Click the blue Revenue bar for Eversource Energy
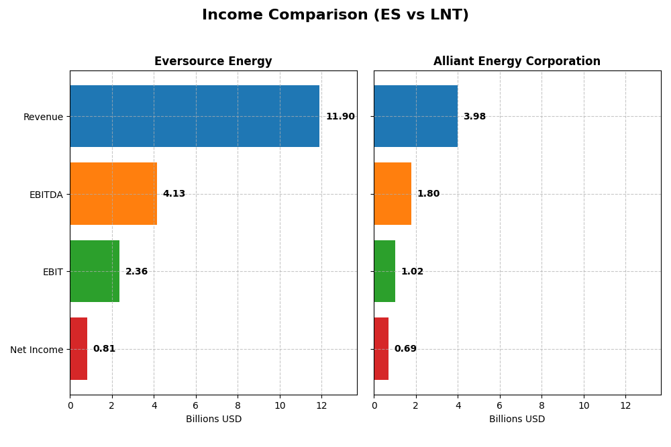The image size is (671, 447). [x=195, y=116]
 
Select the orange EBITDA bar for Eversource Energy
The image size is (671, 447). [x=113, y=194]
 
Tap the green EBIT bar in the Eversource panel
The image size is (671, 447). [x=95, y=271]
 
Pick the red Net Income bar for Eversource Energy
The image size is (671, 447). [x=79, y=349]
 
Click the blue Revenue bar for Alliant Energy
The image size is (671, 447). [x=415, y=116]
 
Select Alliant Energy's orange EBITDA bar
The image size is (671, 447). [x=393, y=194]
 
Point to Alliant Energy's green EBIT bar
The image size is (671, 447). [x=384, y=271]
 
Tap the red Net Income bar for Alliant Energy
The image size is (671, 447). [x=381, y=349]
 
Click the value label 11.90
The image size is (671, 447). [x=340, y=117]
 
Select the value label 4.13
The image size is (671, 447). [x=174, y=194]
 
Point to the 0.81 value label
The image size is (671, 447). [x=104, y=349]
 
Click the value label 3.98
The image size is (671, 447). [x=474, y=117]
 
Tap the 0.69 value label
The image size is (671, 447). [x=405, y=349]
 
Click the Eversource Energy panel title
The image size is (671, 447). [x=213, y=62]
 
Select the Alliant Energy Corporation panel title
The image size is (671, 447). [x=517, y=62]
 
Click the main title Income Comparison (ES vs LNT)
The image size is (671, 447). [x=335, y=15]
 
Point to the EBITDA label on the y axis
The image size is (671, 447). [x=46, y=195]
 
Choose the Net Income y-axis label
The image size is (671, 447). [x=36, y=350]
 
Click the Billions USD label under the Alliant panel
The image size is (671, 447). [x=517, y=419]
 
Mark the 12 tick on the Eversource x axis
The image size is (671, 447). [x=321, y=406]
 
